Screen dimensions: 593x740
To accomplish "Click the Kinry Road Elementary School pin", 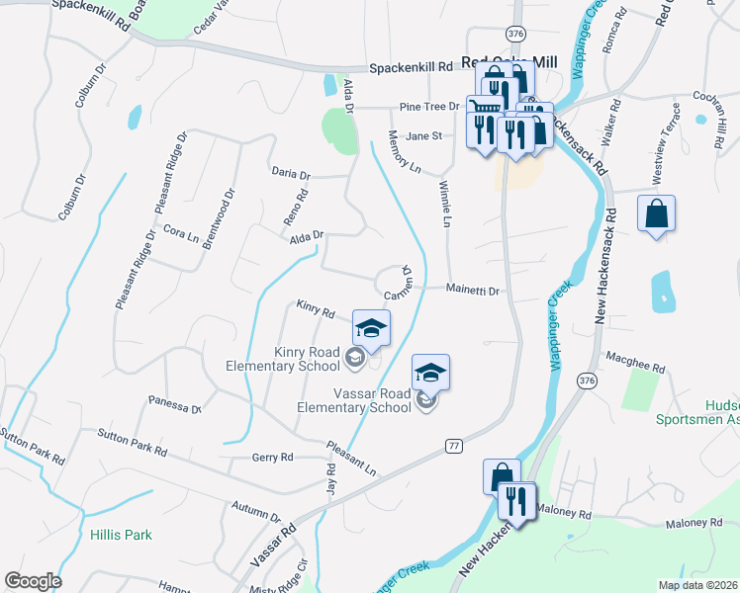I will pos(371,329).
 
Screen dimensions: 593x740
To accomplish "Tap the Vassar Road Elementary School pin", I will pos(430,373).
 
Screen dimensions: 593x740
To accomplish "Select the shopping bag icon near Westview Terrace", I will pos(657,213).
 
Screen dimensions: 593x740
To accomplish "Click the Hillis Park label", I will pos(121,535).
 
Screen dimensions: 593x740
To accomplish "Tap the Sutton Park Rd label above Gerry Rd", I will pos(132,442).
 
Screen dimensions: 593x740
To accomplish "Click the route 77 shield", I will pos(453,447).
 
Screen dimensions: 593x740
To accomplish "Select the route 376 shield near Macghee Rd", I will pos(587,381).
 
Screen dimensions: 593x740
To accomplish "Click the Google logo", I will pos(33,581).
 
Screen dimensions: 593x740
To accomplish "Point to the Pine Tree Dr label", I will pos(430,107).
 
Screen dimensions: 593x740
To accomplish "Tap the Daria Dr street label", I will pos(291,173).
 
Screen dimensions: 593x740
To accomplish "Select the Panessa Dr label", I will pos(175,404).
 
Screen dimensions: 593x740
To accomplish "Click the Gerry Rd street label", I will pos(273,458).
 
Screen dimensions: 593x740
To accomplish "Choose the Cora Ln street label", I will pos(181,234).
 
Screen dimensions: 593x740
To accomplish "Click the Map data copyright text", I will pos(697,585).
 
